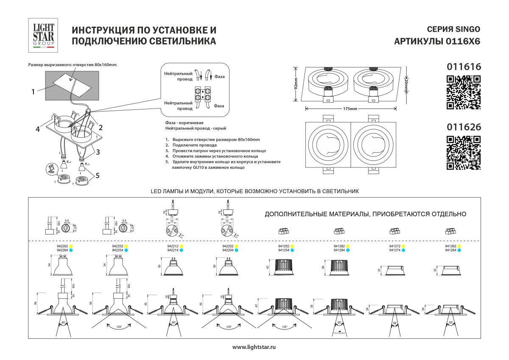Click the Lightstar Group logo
(44, 35)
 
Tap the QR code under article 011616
(464, 92)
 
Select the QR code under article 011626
(464, 153)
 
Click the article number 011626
(464, 127)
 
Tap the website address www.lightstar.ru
(255, 347)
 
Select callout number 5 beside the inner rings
(98, 174)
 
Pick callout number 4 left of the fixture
(38, 130)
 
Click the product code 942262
(62, 246)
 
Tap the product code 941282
(339, 246)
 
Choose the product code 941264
(450, 250)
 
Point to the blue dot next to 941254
(292, 250)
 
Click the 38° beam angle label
(394, 323)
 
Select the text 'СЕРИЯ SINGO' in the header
(453, 30)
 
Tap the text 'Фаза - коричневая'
(185, 122)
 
